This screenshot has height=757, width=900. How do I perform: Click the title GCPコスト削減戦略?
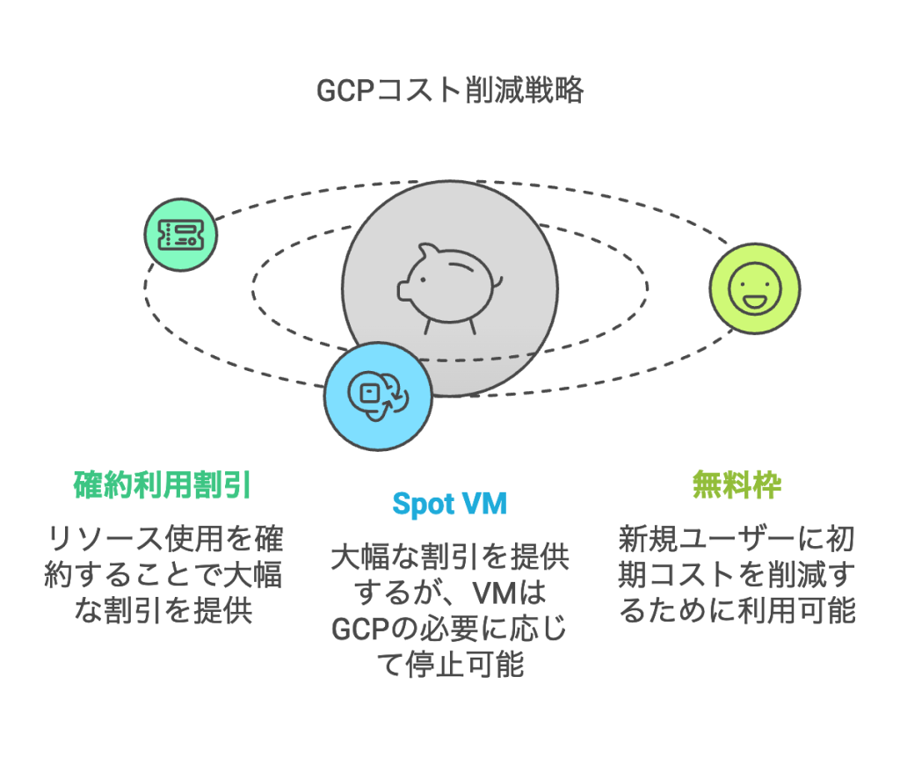[449, 91]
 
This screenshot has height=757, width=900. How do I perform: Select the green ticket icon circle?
[181, 233]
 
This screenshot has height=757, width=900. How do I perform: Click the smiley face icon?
[754, 288]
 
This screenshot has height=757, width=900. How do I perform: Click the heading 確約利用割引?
[163, 485]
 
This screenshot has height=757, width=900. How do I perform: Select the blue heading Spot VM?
[449, 505]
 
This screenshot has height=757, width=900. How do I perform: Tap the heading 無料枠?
[737, 485]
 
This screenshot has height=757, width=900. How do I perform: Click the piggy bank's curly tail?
[497, 280]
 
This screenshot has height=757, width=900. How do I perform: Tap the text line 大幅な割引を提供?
[449, 557]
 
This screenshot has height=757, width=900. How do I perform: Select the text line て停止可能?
[449, 666]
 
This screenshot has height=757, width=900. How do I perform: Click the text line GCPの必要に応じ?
[449, 630]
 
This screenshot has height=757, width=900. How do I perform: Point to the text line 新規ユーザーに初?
[737, 537]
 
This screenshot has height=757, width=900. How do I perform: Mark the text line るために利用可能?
[737, 610]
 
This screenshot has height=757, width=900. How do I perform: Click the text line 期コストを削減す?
[737, 574]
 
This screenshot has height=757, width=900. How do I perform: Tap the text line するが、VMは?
[449, 593]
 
